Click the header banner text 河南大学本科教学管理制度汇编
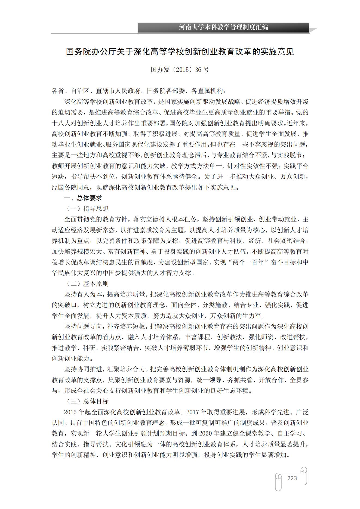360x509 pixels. pos(223,27)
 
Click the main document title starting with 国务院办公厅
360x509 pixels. pos(180,51)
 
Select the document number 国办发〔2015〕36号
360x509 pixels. pos(180,70)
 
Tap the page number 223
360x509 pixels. pos(292,478)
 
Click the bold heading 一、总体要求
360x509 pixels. pos(83,198)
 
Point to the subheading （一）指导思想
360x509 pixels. pos(88,209)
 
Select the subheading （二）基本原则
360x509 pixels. pos(88,284)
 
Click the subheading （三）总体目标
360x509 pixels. pos(88,401)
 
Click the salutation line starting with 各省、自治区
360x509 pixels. pos(138,91)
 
